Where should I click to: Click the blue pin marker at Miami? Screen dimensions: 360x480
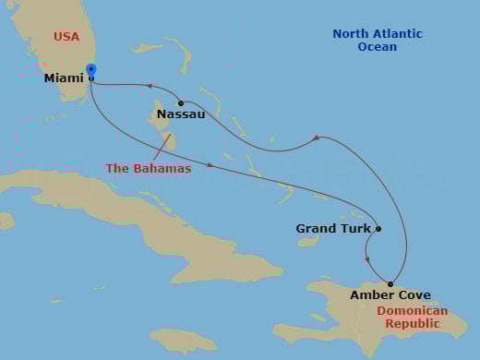pyautogui.click(x=90, y=70)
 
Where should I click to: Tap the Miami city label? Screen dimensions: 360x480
pyautogui.click(x=64, y=79)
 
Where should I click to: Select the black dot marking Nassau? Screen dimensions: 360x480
pyautogui.click(x=181, y=102)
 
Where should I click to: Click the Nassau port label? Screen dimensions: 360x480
pyautogui.click(x=181, y=114)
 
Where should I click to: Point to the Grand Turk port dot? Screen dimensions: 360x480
pyautogui.click(x=378, y=228)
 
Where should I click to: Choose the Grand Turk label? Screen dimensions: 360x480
pyautogui.click(x=333, y=228)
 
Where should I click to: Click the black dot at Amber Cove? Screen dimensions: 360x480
pyautogui.click(x=390, y=283)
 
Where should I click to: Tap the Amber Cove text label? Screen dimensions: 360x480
pyautogui.click(x=390, y=296)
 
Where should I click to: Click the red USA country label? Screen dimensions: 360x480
pyautogui.click(x=66, y=37)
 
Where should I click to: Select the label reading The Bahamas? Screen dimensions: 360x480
pyautogui.click(x=149, y=169)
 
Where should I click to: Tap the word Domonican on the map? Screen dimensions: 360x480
pyautogui.click(x=413, y=311)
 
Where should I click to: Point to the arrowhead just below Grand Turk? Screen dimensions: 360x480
pyautogui.click(x=367, y=259)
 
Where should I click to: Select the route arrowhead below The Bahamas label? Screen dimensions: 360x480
pyautogui.click(x=210, y=165)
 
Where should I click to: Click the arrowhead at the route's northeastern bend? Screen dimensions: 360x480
pyautogui.click(x=316, y=138)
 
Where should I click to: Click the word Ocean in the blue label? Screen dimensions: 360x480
pyautogui.click(x=378, y=47)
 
